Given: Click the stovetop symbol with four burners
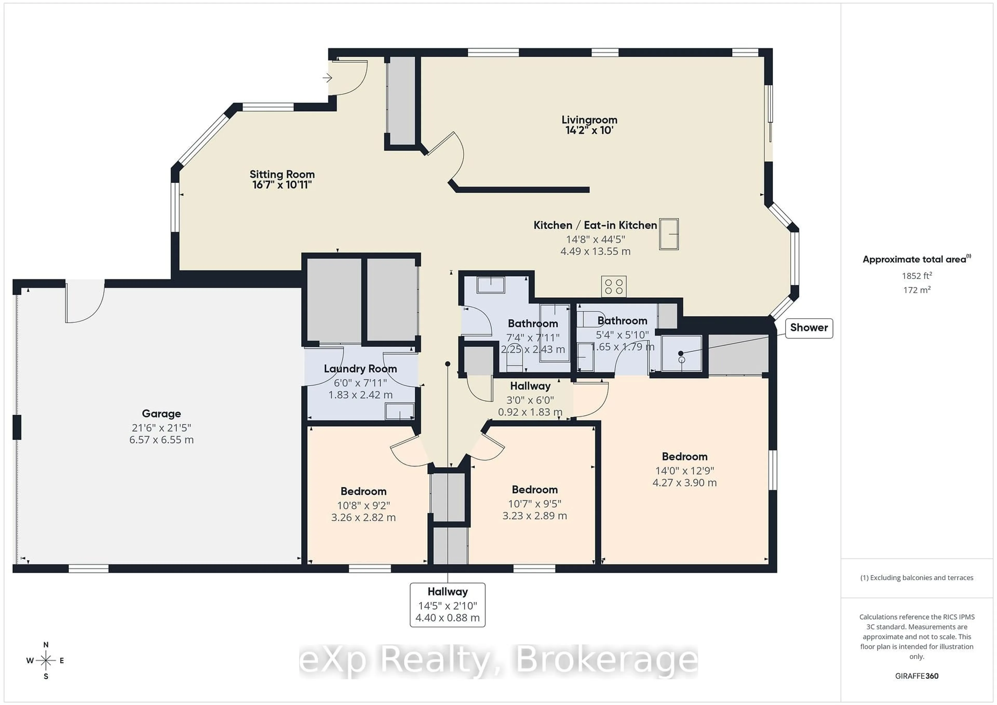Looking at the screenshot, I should pyautogui.click(x=614, y=287).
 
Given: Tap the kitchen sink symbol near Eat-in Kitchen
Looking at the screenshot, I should pyautogui.click(x=669, y=234).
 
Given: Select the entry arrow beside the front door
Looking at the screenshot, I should pyautogui.click(x=327, y=78).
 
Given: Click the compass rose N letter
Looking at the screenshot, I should pyautogui.click(x=46, y=645).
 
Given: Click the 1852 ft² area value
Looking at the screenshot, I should pyautogui.click(x=917, y=276).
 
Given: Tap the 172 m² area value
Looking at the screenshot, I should pyautogui.click(x=917, y=290).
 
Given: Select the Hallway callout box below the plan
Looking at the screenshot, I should pyautogui.click(x=447, y=605).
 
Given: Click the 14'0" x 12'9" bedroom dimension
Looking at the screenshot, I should pyautogui.click(x=684, y=471).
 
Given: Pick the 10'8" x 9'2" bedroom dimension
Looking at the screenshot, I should pyautogui.click(x=363, y=505).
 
